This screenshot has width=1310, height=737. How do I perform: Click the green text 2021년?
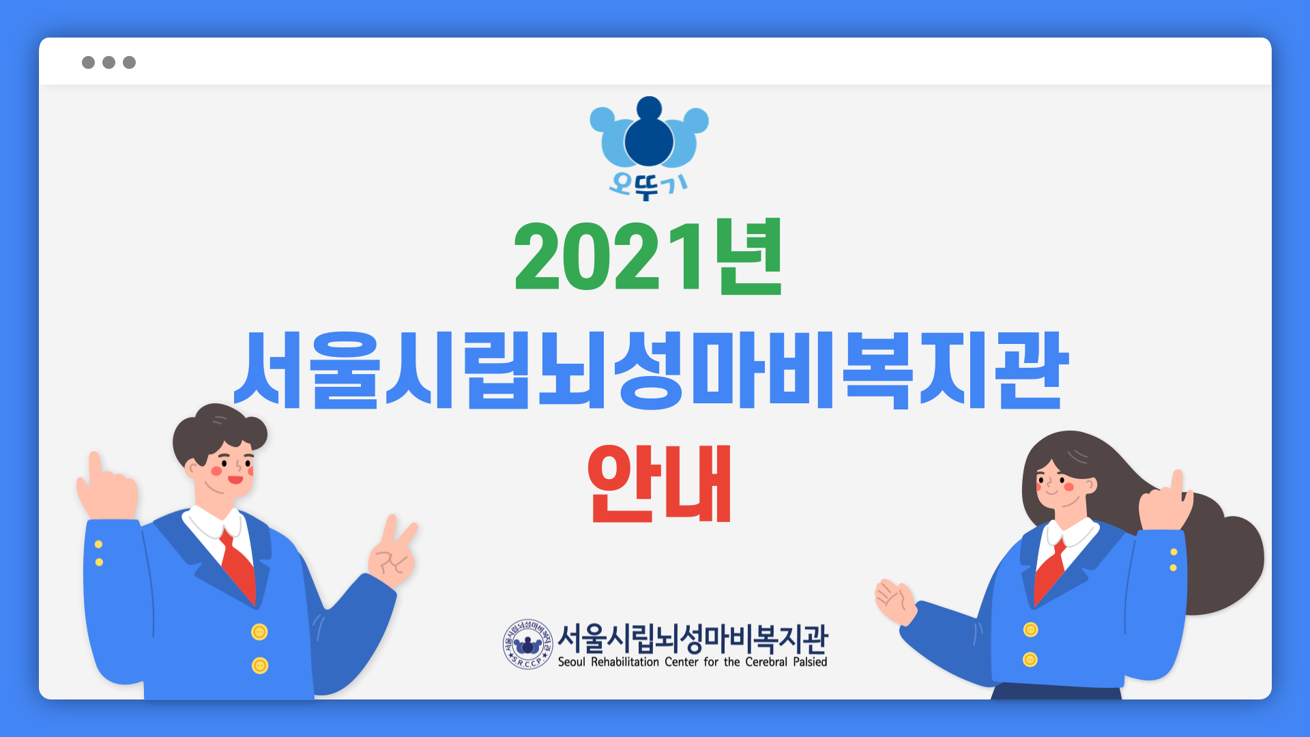648,257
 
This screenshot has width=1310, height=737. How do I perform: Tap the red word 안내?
659,483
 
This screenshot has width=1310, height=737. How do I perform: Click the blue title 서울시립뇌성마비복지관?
650,370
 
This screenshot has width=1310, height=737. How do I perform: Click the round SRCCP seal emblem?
527,644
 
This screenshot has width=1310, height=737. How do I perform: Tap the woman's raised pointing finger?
1177,483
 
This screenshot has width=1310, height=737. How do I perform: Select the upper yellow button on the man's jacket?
259,632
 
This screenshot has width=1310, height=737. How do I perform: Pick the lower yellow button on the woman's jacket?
1030,660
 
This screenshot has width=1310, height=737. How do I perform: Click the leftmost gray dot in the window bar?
88,63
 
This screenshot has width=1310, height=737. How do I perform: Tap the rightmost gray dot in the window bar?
129,63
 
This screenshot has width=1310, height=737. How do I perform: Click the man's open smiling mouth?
235,480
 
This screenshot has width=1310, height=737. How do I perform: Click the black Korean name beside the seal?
693,638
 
